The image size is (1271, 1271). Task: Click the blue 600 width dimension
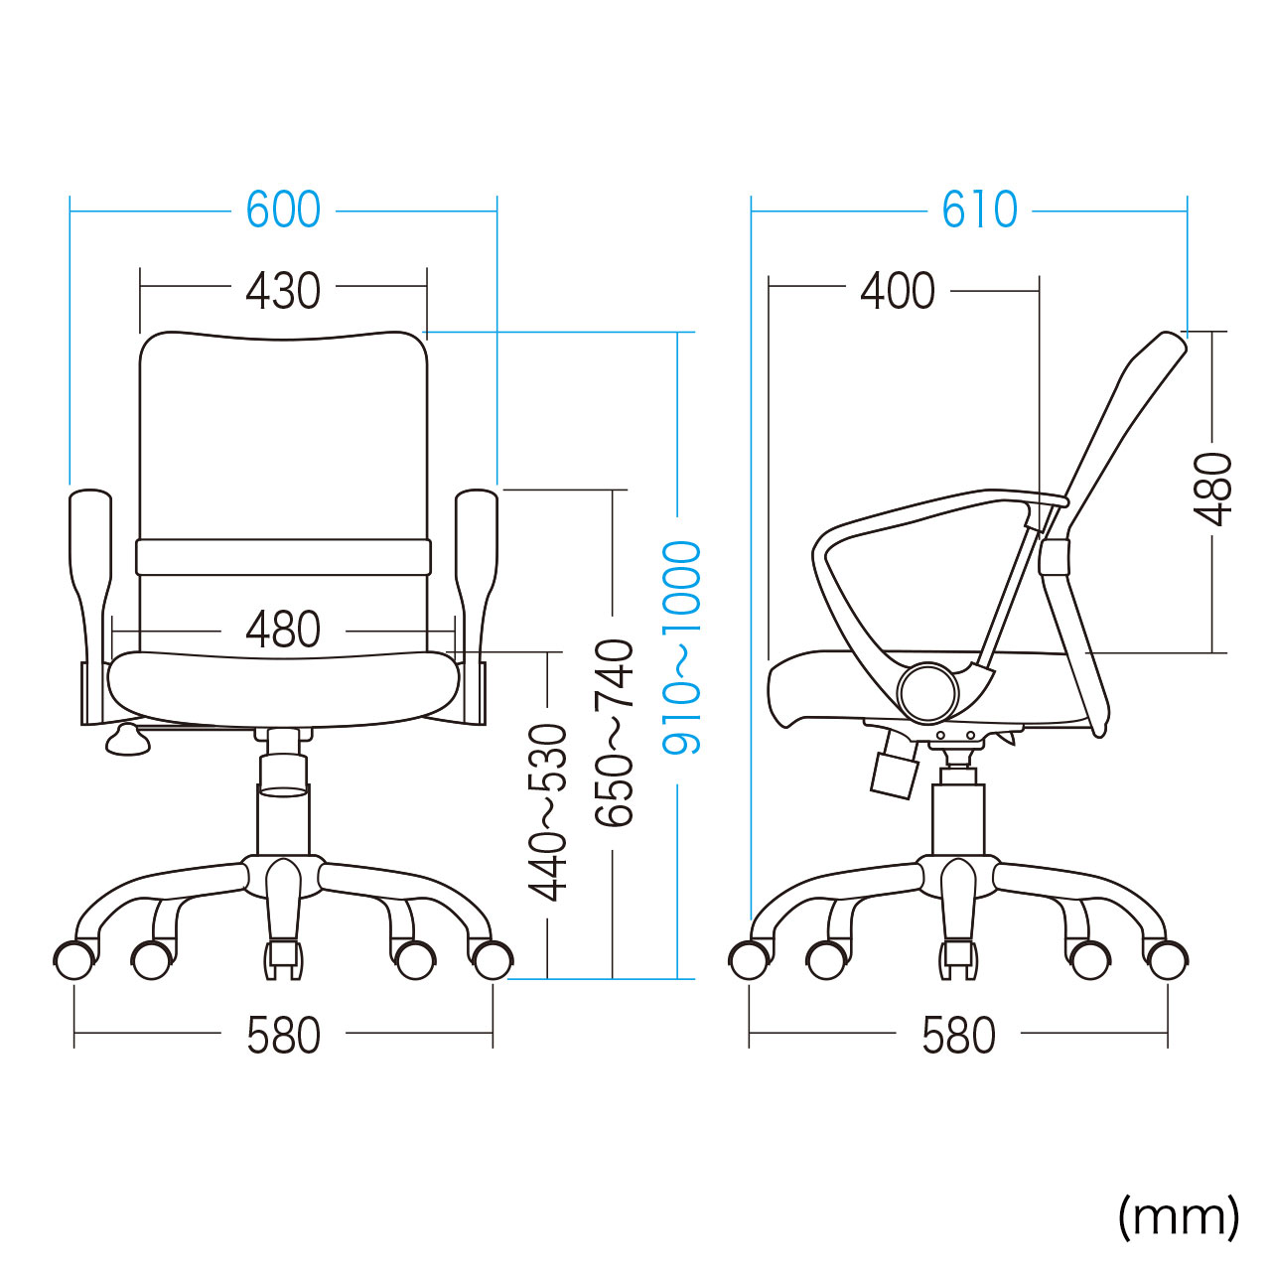pos(283,211)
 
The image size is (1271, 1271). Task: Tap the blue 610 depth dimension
pos(979,211)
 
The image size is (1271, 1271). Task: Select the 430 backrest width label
pos(283,290)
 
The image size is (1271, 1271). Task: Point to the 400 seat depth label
pos(898,290)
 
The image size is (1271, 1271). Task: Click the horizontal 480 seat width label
pos(283,630)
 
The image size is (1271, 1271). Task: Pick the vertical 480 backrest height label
pos(1213,489)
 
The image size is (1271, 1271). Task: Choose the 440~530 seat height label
pos(547,812)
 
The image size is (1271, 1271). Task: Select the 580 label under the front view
pos(283,1036)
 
